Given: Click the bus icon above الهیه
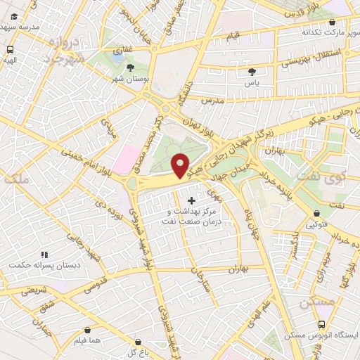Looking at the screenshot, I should click(11, 50).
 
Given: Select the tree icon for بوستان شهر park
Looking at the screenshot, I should click(131, 67).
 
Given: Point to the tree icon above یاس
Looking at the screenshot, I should click(252, 71).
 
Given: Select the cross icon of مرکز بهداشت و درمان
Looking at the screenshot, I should click(191, 201).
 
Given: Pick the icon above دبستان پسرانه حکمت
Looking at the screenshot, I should click(44, 255).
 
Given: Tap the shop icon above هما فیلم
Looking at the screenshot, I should click(87, 330).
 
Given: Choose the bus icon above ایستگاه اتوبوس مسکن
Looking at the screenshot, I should click(321, 324).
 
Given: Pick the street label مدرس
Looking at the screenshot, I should click(210, 101).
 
